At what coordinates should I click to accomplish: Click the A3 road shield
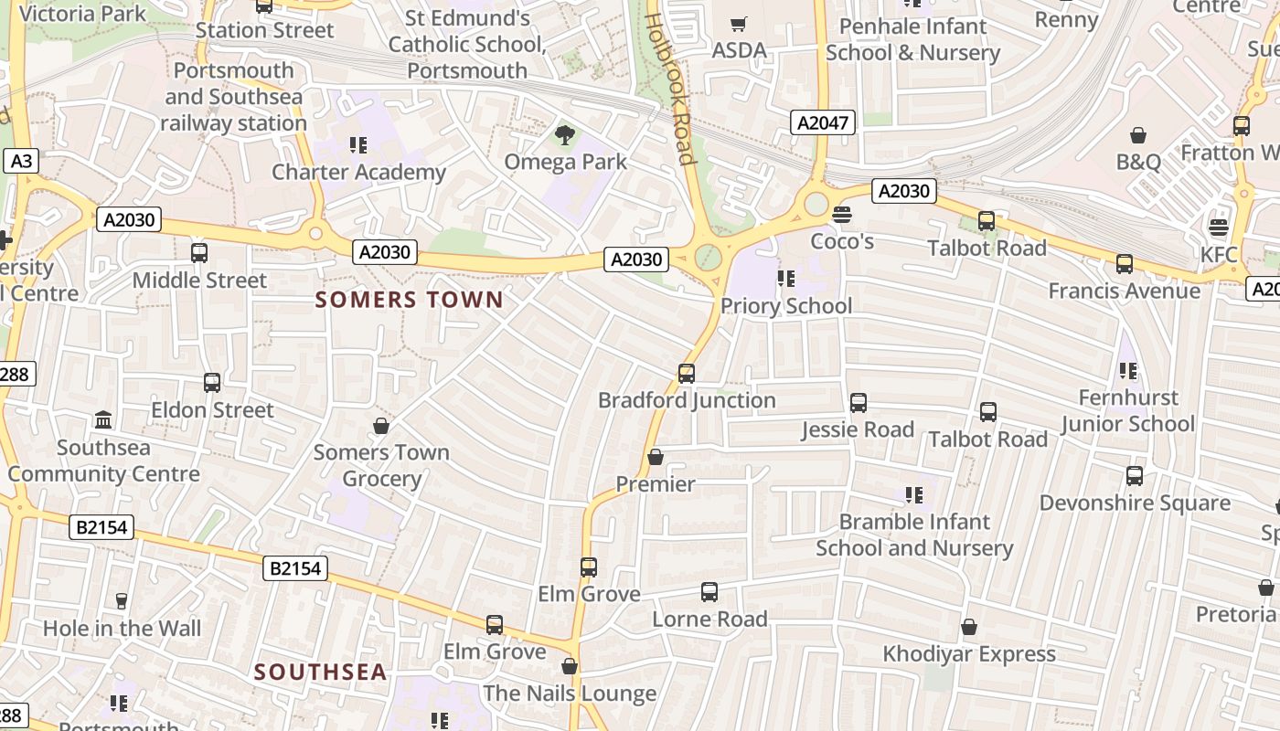coord(21,162)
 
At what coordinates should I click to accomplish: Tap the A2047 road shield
coord(823,122)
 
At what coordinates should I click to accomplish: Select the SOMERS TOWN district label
coord(409,300)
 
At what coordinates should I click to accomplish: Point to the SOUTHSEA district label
coord(320,673)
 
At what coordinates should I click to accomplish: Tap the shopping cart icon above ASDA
coord(739,24)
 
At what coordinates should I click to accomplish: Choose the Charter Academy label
coord(358,172)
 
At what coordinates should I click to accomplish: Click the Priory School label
coord(786,305)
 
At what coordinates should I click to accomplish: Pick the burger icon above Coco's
coord(842,215)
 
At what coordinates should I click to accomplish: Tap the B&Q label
coord(1138,162)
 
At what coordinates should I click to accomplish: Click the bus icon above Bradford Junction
coord(687,373)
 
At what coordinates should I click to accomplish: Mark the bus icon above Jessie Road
coord(858,403)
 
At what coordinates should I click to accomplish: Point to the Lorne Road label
coord(709,619)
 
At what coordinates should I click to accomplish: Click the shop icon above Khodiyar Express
coord(969,628)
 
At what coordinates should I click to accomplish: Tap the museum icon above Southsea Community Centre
coord(103,420)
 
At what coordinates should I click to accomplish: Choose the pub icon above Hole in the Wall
coord(121,600)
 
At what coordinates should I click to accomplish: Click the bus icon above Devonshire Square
coord(1135,476)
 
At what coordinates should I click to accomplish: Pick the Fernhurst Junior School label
coord(1128,410)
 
